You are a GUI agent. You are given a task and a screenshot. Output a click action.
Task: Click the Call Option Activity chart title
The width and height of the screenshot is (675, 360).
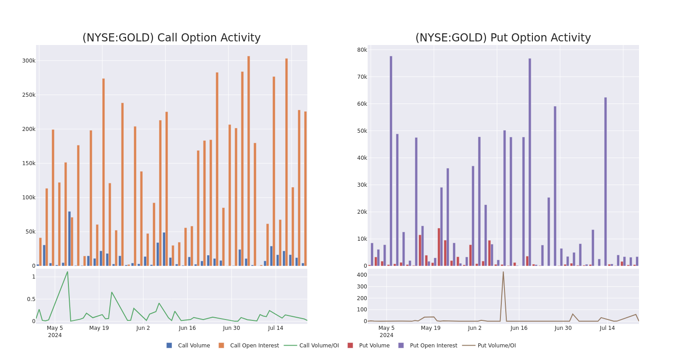pyautogui.click(x=171, y=38)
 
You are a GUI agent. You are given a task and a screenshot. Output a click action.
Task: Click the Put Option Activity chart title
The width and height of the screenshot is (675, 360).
pyautogui.click(x=503, y=38)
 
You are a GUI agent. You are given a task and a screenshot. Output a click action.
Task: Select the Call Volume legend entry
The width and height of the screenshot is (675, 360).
pyautogui.click(x=189, y=346)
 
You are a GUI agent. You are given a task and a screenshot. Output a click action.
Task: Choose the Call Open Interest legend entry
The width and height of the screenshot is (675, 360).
pyautogui.click(x=249, y=346)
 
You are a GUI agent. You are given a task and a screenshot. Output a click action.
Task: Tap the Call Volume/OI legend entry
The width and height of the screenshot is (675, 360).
pyautogui.click(x=311, y=346)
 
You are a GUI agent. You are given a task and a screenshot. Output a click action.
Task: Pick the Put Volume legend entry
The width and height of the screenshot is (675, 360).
pyautogui.click(x=369, y=346)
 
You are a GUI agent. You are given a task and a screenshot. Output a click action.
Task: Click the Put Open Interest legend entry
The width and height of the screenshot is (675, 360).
pyautogui.click(x=428, y=346)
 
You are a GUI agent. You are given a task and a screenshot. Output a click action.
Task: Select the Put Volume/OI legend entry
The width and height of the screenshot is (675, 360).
pyautogui.click(x=489, y=346)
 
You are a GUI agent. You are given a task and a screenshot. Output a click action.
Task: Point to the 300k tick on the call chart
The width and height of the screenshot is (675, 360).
pyautogui.click(x=29, y=61)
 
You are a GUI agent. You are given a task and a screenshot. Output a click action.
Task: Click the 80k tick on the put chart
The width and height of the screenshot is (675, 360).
pyautogui.click(x=362, y=50)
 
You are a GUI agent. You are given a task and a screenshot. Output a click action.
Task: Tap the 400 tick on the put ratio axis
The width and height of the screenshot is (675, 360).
pyautogui.click(x=362, y=275)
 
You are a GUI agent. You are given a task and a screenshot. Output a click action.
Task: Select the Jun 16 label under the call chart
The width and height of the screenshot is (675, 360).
pyautogui.click(x=187, y=328)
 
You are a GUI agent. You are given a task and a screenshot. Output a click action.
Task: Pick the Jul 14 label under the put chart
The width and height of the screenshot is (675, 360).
pyautogui.click(x=607, y=328)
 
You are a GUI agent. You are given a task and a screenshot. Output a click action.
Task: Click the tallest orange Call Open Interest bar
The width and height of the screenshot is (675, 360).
pyautogui.click(x=248, y=161)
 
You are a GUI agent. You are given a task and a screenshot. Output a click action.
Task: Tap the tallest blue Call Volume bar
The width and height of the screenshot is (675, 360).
pyautogui.click(x=69, y=238)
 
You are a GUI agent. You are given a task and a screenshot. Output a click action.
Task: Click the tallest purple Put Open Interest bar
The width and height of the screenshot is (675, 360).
pyautogui.click(x=391, y=161)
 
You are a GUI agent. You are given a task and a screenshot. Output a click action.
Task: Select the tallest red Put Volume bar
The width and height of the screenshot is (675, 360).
pyautogui.click(x=439, y=247)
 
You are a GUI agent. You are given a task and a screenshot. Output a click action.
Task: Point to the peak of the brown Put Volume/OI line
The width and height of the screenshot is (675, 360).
pyautogui.click(x=503, y=272)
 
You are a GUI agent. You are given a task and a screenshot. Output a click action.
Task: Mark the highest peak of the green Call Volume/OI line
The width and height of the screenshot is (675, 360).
pyautogui.click(x=67, y=272)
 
